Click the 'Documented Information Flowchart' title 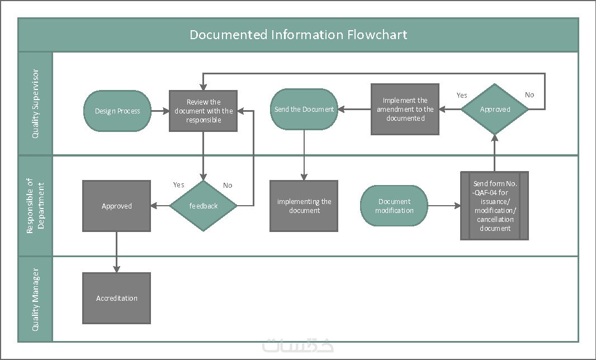(x=299, y=35)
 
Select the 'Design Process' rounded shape (x=117, y=111)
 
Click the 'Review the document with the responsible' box (x=204, y=111)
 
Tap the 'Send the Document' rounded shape (x=304, y=110)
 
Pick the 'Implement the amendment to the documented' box (x=405, y=110)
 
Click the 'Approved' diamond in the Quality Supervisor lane (x=495, y=110)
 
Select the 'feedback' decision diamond (x=204, y=206)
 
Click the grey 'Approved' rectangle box (x=117, y=206)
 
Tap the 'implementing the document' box (x=304, y=206)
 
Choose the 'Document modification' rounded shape (x=394, y=206)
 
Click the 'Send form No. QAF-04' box (x=495, y=206)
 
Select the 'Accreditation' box (x=117, y=299)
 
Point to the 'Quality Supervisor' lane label (x=35, y=103)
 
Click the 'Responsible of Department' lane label (x=35, y=206)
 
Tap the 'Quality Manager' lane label (x=35, y=300)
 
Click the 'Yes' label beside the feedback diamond (x=179, y=185)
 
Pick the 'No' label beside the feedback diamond (x=228, y=186)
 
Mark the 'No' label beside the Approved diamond (x=529, y=95)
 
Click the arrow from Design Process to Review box (x=160, y=111)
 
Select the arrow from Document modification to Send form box (x=444, y=206)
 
